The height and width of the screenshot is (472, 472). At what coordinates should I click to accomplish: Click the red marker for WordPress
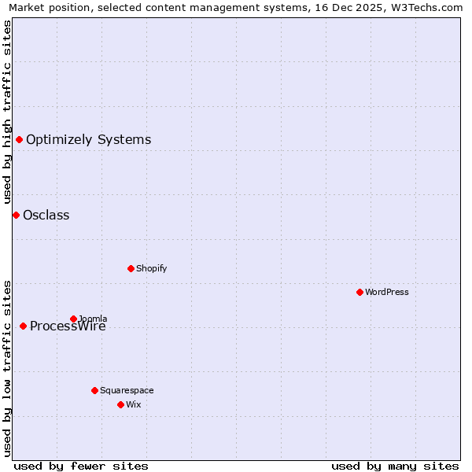tap(360, 292)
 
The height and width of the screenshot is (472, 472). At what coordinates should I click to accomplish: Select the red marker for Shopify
tap(131, 268)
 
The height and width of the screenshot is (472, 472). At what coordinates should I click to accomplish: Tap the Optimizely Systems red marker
tap(19, 140)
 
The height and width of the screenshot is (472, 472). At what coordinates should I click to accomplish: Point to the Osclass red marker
tap(16, 215)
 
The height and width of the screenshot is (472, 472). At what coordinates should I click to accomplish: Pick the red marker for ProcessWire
tap(23, 326)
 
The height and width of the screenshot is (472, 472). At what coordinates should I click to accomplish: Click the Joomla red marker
tap(73, 319)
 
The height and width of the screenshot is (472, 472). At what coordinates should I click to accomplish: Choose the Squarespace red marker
tap(94, 390)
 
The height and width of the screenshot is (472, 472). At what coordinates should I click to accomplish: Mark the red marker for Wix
tap(120, 404)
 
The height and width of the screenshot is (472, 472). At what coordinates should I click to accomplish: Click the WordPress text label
tap(387, 292)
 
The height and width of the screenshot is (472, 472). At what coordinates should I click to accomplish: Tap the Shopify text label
tap(152, 268)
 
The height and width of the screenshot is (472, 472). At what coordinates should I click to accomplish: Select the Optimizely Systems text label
tap(89, 140)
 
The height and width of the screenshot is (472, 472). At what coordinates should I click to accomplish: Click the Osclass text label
tap(46, 215)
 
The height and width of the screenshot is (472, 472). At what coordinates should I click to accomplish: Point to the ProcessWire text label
tap(68, 326)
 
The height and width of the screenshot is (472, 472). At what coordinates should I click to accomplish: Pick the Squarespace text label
tap(127, 390)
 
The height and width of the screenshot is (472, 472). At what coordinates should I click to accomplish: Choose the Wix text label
tap(133, 404)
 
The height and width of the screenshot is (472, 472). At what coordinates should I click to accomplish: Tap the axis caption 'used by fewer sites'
tap(81, 466)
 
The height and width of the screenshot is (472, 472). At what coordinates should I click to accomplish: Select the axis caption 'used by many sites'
tap(395, 466)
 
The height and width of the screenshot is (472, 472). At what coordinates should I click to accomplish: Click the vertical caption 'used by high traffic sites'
tap(7, 112)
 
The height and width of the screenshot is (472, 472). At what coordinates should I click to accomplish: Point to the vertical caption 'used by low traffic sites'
tap(7, 368)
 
